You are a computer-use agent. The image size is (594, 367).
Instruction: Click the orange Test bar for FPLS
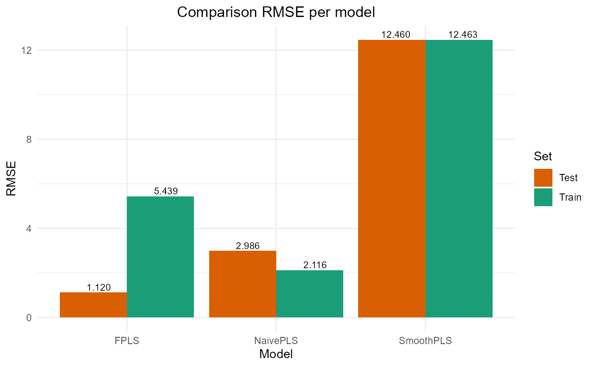93,305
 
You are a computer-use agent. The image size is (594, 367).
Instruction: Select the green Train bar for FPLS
160,257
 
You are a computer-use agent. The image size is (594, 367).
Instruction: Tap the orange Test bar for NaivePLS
243,284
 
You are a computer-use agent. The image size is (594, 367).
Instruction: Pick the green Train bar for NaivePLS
310,294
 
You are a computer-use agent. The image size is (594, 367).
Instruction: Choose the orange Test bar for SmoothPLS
392,178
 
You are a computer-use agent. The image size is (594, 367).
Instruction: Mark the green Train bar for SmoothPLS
459,178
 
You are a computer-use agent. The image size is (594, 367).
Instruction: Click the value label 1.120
99,288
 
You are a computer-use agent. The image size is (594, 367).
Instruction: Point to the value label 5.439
166,191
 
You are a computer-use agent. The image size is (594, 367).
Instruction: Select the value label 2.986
248,246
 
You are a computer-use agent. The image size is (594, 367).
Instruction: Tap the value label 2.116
315,265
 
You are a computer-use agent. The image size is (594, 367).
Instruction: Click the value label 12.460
396,35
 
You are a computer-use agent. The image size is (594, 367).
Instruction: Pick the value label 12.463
463,35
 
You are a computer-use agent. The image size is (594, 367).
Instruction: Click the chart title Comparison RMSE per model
276,12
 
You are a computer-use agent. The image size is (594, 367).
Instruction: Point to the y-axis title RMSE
11,178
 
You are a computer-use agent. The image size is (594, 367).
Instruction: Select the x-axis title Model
276,354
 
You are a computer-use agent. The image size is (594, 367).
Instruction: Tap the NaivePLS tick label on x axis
276,341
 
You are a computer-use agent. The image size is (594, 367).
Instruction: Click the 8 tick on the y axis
29,139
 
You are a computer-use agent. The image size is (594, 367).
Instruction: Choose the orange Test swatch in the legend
543,178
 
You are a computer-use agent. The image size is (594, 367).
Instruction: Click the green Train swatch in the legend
543,197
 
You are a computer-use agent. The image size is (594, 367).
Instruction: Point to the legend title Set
543,157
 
